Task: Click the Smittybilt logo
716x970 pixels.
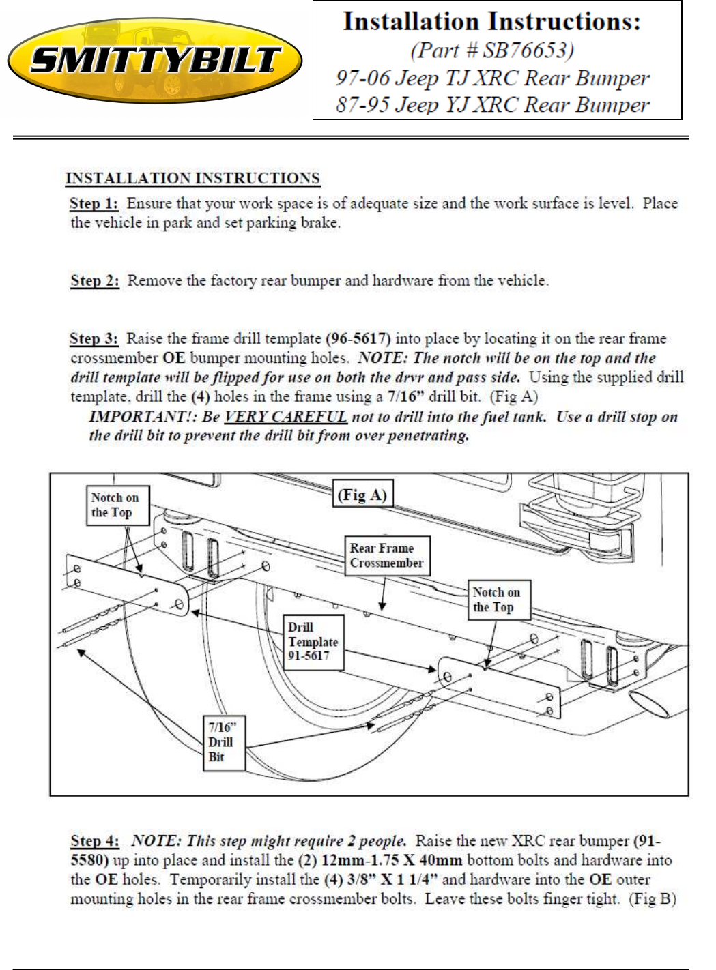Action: [x=155, y=60]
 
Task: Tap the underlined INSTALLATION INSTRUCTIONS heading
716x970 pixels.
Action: [x=193, y=179]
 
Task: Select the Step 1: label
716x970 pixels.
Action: [x=94, y=203]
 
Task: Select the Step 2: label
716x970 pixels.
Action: [x=95, y=280]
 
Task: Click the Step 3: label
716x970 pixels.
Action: [x=94, y=338]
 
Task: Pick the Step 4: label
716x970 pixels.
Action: [x=95, y=840]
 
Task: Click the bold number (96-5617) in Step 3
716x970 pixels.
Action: [x=358, y=338]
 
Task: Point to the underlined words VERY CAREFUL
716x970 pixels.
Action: [x=285, y=417]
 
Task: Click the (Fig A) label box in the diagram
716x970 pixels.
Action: [x=362, y=493]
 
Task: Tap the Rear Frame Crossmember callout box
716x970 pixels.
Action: [x=387, y=555]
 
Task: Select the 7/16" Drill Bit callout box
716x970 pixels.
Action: [x=224, y=743]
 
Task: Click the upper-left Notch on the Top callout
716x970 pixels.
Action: [x=117, y=505]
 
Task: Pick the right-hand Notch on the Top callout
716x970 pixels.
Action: [x=499, y=600]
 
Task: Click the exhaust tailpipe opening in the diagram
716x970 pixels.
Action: [x=648, y=704]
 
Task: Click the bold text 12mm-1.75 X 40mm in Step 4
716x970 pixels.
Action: [x=392, y=860]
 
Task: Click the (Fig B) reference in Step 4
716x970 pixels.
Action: [x=653, y=899]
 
